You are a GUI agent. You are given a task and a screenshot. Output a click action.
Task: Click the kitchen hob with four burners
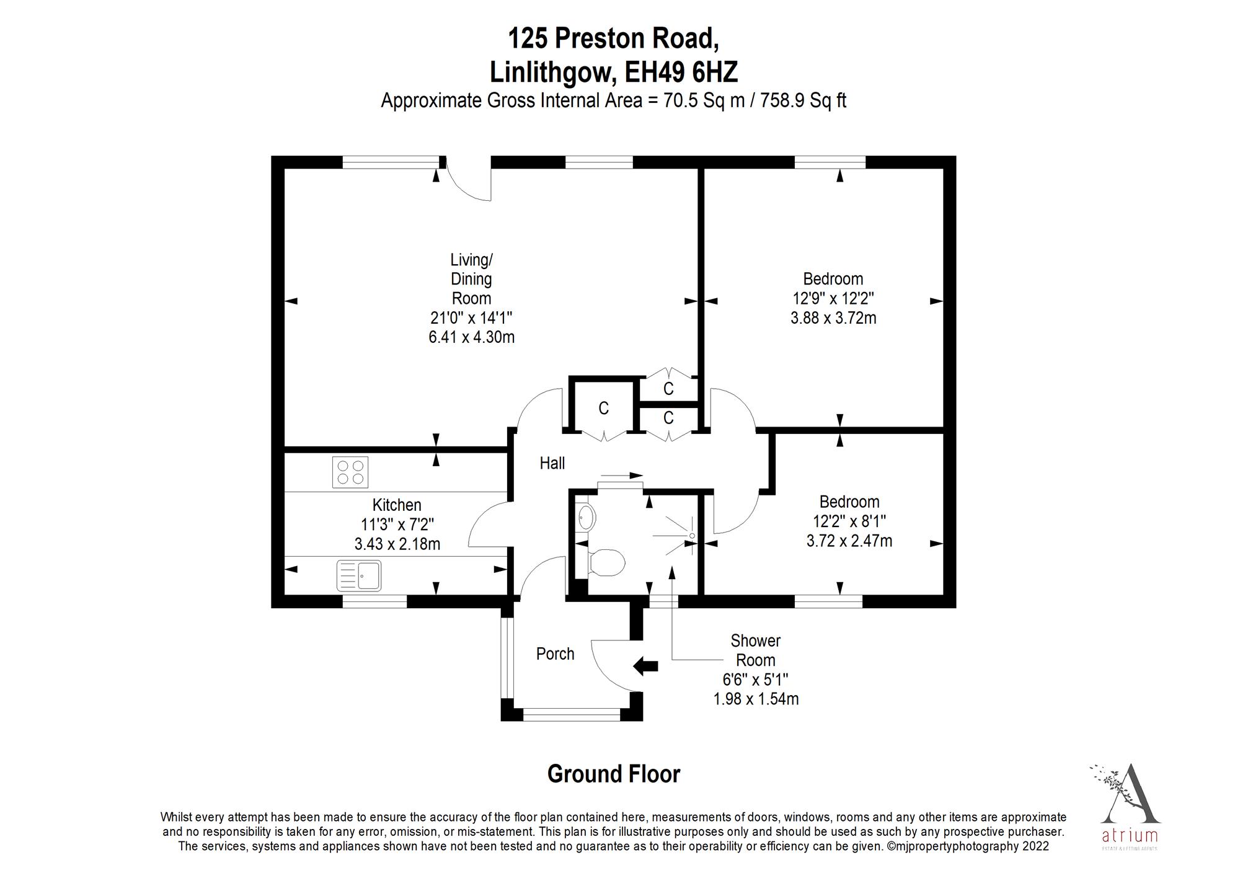pyautogui.click(x=350, y=472)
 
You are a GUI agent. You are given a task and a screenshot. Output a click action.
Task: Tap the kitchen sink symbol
pyautogui.click(x=359, y=575)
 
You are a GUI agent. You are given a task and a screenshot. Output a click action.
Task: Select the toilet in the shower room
pyautogui.click(x=606, y=563)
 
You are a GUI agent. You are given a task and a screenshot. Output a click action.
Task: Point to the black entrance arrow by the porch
pyautogui.click(x=645, y=667)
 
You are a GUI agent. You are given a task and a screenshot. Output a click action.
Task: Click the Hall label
pyautogui.click(x=552, y=463)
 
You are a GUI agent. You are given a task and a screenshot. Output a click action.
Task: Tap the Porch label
pyautogui.click(x=555, y=653)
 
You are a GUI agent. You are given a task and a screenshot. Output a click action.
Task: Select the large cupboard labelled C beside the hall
pyautogui.click(x=603, y=408)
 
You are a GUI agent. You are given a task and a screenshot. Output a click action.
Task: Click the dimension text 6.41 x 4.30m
pyautogui.click(x=471, y=337)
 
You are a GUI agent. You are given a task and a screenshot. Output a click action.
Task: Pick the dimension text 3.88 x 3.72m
pyautogui.click(x=833, y=318)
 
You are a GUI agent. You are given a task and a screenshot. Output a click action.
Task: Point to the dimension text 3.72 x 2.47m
pyautogui.click(x=849, y=541)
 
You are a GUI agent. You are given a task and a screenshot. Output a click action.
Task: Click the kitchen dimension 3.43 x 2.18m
pyautogui.click(x=397, y=544)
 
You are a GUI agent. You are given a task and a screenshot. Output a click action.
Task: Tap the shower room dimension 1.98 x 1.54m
pyautogui.click(x=756, y=699)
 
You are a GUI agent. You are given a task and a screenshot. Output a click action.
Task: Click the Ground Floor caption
pyautogui.click(x=613, y=774)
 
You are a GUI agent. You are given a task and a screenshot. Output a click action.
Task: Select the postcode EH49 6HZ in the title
pyautogui.click(x=681, y=73)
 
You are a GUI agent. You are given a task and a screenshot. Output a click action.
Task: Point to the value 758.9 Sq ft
pyautogui.click(x=803, y=100)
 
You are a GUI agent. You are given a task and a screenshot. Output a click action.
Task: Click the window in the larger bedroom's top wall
pyautogui.click(x=830, y=162)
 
